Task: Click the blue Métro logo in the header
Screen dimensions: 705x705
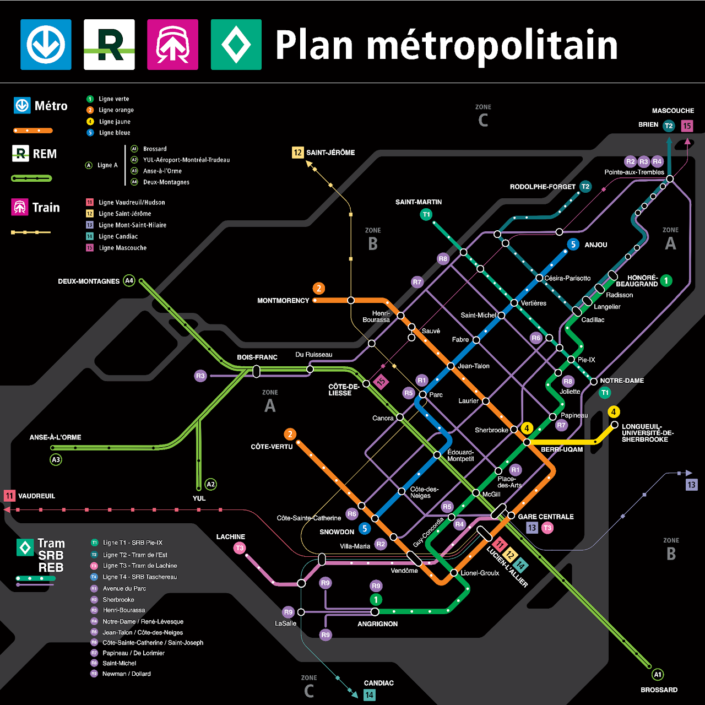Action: [x=46, y=45]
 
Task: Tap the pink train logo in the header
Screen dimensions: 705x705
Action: [x=172, y=45]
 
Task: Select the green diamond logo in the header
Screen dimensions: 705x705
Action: [x=236, y=45]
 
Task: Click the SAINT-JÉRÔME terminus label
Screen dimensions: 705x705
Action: [x=330, y=153]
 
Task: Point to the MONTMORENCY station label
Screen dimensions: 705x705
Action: [x=283, y=301]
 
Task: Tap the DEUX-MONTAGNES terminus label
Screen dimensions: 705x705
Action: [x=89, y=281]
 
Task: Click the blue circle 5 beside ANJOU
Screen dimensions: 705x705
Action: [x=573, y=244]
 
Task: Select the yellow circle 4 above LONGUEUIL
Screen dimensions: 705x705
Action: [x=614, y=411]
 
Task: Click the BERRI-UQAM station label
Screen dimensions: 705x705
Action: [x=561, y=449]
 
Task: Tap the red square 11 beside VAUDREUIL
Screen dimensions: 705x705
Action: [x=9, y=496]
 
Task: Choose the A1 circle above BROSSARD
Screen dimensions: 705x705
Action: [x=658, y=675]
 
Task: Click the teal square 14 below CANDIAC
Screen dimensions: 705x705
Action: [x=369, y=695]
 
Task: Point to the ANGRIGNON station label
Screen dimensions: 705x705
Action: [x=377, y=624]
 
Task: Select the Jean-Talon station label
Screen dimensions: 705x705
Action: [x=473, y=366]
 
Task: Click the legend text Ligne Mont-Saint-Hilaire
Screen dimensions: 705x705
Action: [x=132, y=225]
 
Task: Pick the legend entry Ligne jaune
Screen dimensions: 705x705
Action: [x=115, y=122]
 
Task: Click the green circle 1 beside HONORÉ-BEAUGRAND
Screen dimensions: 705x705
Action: [x=666, y=280]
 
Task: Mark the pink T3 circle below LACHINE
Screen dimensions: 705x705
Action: [x=240, y=548]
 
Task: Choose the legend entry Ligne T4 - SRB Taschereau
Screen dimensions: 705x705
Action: [x=140, y=577]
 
